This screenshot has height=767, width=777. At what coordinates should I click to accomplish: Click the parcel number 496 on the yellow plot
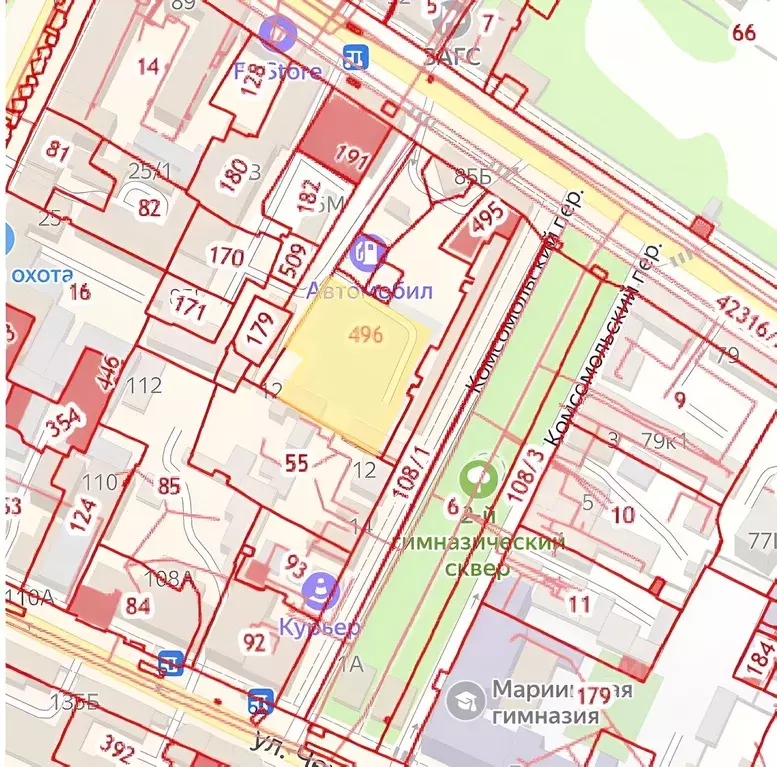366,335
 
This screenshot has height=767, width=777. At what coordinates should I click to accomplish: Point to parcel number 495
486,218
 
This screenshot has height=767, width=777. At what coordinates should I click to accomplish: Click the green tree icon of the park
481,478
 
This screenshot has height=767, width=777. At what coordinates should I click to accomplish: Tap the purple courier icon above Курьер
320,590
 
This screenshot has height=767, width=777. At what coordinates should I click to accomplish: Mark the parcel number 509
291,259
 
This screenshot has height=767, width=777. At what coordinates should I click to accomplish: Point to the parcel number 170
226,257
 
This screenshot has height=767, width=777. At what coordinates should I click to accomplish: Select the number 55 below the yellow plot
296,462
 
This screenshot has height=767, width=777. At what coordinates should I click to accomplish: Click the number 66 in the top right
744,32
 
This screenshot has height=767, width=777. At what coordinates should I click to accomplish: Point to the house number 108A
169,578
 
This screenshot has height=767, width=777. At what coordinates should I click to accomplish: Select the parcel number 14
148,66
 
